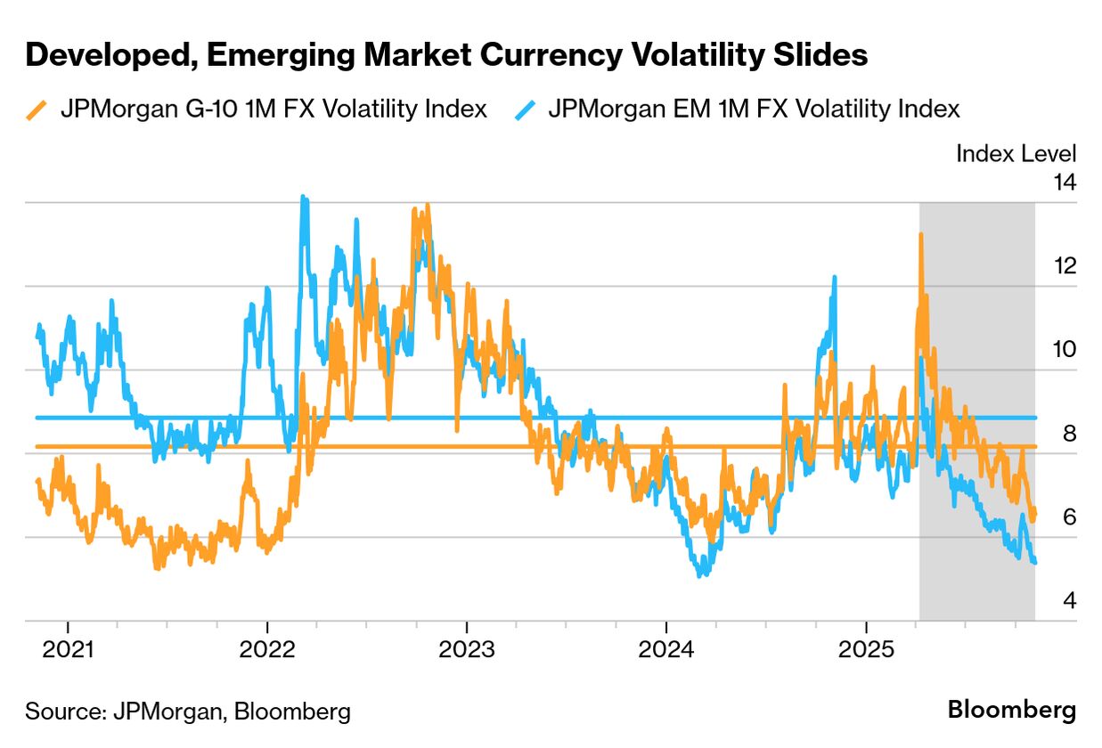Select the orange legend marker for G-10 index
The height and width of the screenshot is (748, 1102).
37,110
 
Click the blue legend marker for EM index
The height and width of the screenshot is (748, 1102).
525,110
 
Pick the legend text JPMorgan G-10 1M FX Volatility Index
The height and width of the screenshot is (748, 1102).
273,110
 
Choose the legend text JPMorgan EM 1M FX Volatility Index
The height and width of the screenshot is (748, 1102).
755,110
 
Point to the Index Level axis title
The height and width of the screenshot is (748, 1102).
1016,153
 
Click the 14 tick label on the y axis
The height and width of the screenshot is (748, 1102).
1064,183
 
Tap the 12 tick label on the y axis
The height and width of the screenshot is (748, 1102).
1064,266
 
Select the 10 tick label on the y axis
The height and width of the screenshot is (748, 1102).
1064,350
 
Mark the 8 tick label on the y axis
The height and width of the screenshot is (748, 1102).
1068,434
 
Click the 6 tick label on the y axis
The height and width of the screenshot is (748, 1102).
1068,517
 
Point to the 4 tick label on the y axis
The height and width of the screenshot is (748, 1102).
1068,601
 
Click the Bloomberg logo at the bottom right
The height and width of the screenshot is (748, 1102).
1011,711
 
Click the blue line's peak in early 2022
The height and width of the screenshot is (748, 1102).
304,198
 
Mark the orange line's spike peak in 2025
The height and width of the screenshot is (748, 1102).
920,234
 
